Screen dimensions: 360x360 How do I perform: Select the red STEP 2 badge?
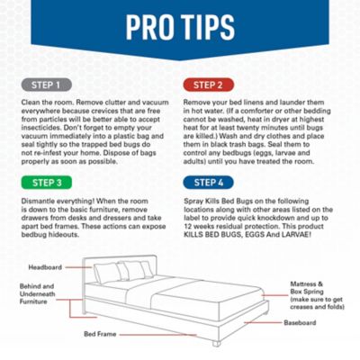208,86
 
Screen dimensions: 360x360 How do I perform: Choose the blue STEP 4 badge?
208,180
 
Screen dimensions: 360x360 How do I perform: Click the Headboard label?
44,267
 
